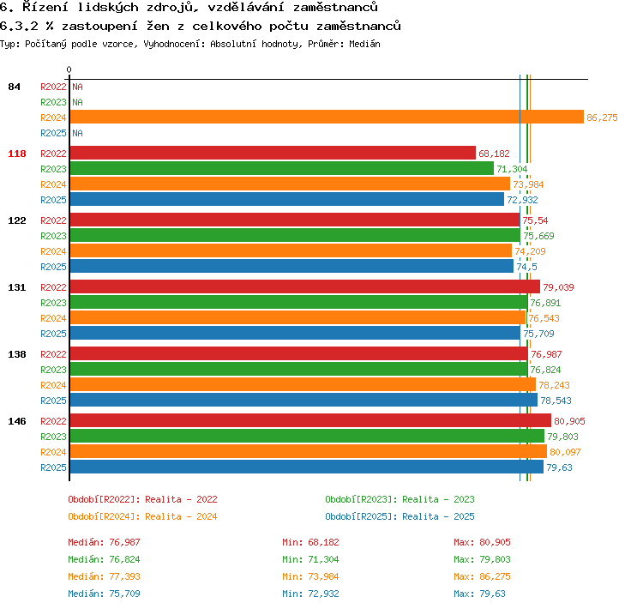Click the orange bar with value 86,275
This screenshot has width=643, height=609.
tap(327, 117)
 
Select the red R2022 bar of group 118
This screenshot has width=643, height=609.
tap(273, 153)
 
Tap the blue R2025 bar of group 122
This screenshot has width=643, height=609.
tap(291, 267)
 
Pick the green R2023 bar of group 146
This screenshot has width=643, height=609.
tap(307, 437)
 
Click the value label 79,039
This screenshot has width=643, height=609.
tap(558, 287)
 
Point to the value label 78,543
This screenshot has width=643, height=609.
tap(556, 401)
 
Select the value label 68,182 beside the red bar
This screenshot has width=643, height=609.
tap(494, 154)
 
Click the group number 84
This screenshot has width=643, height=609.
tap(14, 87)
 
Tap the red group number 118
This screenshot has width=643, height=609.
tap(17, 154)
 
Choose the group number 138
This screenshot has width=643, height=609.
tap(17, 354)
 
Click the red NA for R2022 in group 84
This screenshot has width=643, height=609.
tap(77, 87)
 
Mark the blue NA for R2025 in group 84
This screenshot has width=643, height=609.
tap(77, 133)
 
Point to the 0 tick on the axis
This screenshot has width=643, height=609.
tap(69, 69)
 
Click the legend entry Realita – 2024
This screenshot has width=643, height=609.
tap(181, 516)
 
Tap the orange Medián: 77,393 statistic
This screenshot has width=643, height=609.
tap(104, 576)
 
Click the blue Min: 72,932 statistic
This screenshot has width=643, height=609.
tap(310, 594)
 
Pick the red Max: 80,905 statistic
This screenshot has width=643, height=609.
tap(482, 542)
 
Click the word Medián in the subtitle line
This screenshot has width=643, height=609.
tap(364, 44)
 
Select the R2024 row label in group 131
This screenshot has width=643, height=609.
tap(53, 318)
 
